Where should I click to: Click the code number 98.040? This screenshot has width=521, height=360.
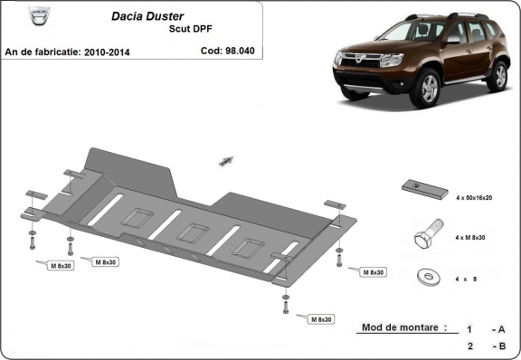241,52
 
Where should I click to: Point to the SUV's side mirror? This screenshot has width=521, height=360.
450,42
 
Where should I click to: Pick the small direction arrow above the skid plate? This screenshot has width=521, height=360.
224,161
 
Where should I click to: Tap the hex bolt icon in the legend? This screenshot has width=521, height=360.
424,237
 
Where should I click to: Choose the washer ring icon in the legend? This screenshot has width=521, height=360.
424,277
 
